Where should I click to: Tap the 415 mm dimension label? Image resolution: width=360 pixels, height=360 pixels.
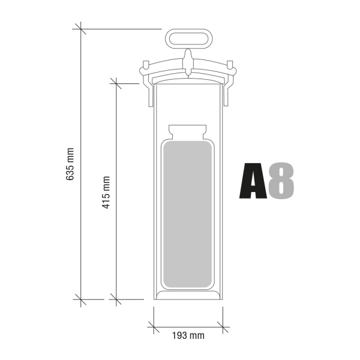pyautogui.click(x=106, y=191)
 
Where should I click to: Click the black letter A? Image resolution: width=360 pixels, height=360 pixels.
pyautogui.click(x=253, y=180)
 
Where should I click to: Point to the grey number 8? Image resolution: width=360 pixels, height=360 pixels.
pyautogui.click(x=281, y=180)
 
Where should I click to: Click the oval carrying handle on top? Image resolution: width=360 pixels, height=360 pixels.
pyautogui.click(x=188, y=38)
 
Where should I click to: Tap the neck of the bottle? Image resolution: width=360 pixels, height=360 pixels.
pyautogui.click(x=188, y=131)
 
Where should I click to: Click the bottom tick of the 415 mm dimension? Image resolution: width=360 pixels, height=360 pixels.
pyautogui.click(x=116, y=298)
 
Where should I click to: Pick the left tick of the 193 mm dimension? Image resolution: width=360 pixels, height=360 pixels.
pyautogui.click(x=154, y=327)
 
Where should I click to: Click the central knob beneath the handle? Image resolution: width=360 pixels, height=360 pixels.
pyautogui.click(x=188, y=61)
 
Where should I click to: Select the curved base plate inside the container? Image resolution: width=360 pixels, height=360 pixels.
pyautogui.click(x=188, y=293)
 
